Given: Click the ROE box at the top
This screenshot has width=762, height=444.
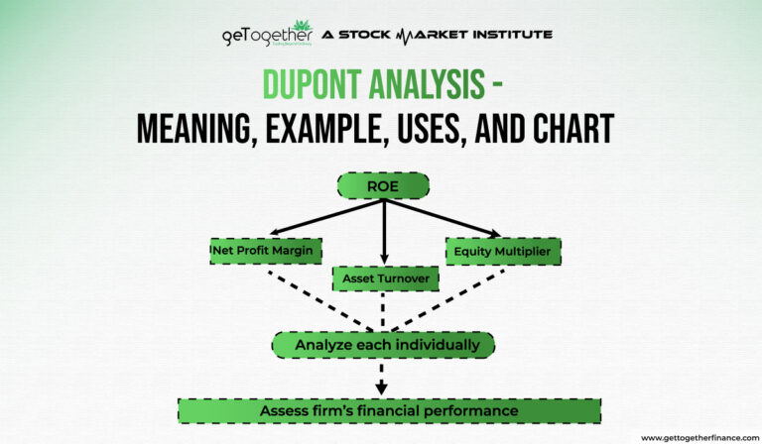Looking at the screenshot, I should click(x=382, y=185).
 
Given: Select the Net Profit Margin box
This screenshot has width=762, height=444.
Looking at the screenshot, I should click(x=267, y=251).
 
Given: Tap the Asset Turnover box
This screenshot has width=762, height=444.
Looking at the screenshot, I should click(x=386, y=279).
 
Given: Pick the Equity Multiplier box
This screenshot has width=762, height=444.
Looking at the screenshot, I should click(x=503, y=251).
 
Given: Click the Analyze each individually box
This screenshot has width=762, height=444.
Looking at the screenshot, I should click(x=382, y=345).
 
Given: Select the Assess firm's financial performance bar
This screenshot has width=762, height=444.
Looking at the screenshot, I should click(x=389, y=410).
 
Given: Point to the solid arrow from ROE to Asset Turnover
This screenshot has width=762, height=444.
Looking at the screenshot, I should click(x=383, y=233).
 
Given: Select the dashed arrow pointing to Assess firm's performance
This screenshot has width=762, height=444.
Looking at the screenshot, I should click(x=382, y=379).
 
